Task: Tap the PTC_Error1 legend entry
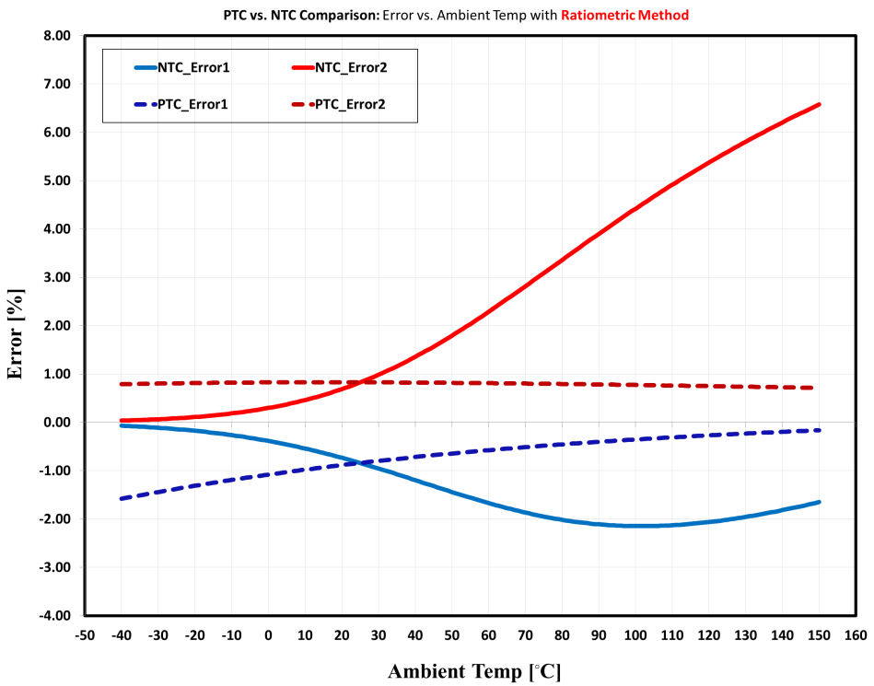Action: click(192, 104)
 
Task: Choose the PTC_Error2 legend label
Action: click(350, 104)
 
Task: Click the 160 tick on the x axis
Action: click(856, 634)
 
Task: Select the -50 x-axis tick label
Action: click(85, 634)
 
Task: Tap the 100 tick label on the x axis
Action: click(635, 634)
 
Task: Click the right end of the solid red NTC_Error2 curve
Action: click(819, 105)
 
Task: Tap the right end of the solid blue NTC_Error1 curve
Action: click(819, 502)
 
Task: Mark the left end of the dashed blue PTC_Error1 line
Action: click(122, 498)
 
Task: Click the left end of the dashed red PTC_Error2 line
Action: click(122, 384)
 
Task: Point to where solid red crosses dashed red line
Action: click(357, 382)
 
